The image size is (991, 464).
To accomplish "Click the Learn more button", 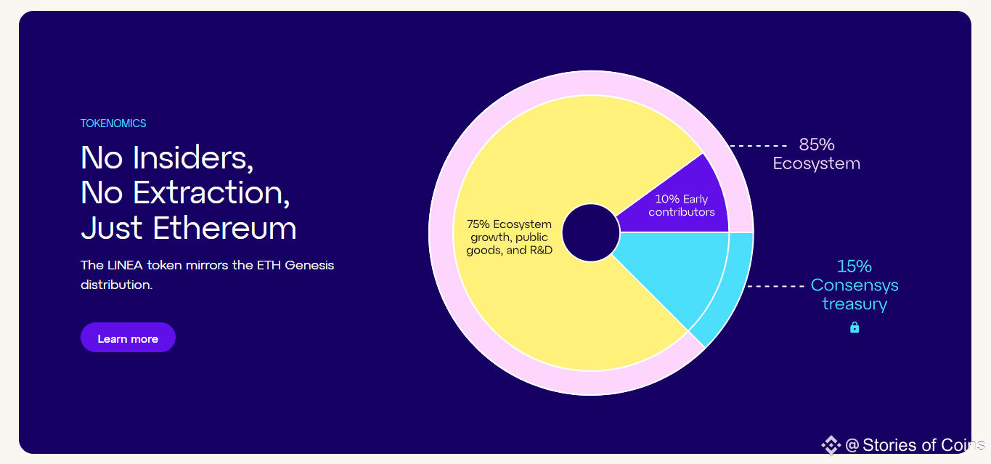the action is click(128, 338).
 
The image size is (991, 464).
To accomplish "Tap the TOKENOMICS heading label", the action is click(113, 123).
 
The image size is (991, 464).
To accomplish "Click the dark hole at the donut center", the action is click(591, 232).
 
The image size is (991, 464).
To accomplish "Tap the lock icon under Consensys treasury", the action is click(855, 327).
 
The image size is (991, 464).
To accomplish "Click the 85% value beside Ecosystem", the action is click(817, 145).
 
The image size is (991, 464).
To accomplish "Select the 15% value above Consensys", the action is click(855, 266).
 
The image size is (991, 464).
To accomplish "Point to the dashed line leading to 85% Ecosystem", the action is click(758, 145).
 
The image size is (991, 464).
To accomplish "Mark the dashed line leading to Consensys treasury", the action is click(775, 286).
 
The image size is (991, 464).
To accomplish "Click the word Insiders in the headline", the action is click(193, 158).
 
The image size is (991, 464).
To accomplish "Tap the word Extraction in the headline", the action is click(211, 193).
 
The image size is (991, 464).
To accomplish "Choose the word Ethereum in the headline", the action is click(224, 228).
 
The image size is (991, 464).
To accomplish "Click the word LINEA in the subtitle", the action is click(125, 265).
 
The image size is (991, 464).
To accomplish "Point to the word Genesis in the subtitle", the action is click(309, 265).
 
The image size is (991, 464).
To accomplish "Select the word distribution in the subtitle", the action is click(116, 285).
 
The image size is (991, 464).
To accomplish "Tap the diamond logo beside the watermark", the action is click(831, 445).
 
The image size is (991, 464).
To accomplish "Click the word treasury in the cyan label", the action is click(855, 304).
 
